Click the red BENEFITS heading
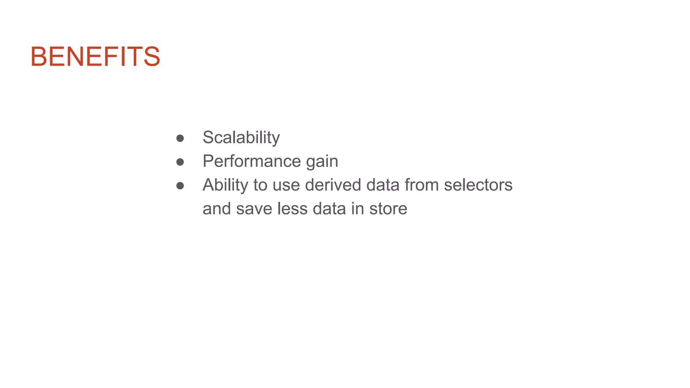click(x=95, y=57)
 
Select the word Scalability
click(x=241, y=137)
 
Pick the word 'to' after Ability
click(x=260, y=185)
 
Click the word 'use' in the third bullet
click(x=286, y=185)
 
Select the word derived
click(x=333, y=185)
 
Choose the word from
click(x=421, y=185)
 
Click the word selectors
click(x=478, y=185)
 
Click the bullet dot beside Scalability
click(x=180, y=138)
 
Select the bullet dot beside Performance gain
click(x=180, y=162)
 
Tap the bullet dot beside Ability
click(x=180, y=186)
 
